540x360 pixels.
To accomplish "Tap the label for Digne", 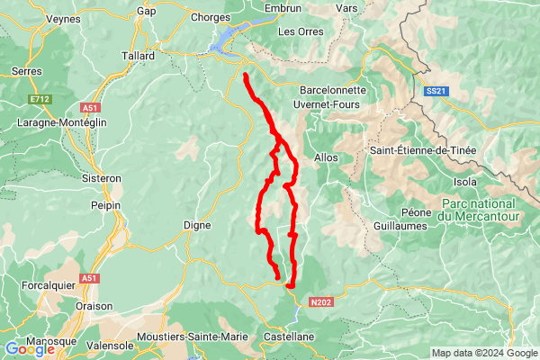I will click(x=197, y=225).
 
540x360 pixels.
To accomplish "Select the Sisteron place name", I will click(x=102, y=178).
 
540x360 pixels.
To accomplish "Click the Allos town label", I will click(x=326, y=157).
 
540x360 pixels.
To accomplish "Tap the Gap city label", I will click(x=146, y=11).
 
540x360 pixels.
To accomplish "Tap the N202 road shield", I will click(x=321, y=302).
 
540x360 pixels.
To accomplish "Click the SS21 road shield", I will click(x=436, y=91).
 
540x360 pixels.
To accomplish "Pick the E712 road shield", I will click(x=40, y=98).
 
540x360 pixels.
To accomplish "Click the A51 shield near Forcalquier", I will click(x=88, y=278).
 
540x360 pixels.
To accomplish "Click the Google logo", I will click(x=29, y=349).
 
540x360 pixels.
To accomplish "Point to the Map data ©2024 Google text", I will click(x=483, y=352).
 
